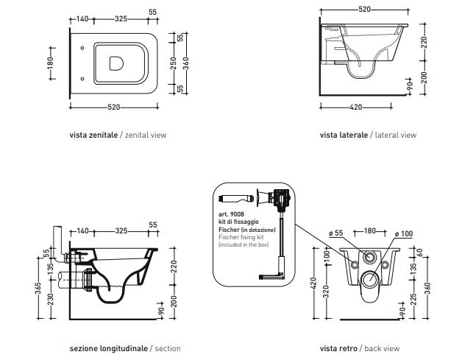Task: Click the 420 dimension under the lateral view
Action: (355, 107)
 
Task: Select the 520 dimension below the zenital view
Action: (113, 107)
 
